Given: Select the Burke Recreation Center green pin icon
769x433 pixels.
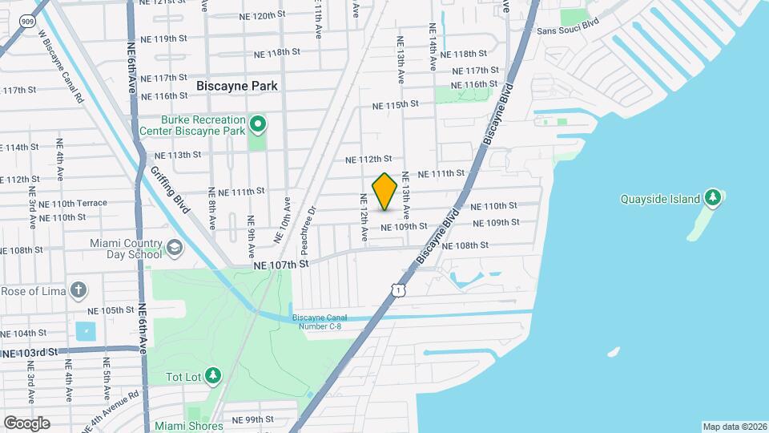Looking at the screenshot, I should pyautogui.click(x=258, y=124).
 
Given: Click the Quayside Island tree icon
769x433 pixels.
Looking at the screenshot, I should pyautogui.click(x=712, y=198).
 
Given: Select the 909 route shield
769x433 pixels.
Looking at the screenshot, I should pyautogui.click(x=28, y=22).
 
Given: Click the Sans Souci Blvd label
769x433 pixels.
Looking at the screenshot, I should pyautogui.click(x=568, y=30).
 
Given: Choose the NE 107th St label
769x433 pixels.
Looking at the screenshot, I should pyautogui.click(x=281, y=263).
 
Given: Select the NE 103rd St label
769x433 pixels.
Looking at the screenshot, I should pyautogui.click(x=30, y=352).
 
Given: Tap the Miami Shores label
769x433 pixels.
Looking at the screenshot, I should pyautogui.click(x=189, y=426).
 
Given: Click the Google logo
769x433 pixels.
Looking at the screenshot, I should pyautogui.click(x=26, y=423).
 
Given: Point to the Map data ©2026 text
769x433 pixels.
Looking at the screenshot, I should pyautogui.click(x=734, y=427).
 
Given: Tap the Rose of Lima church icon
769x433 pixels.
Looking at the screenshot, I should pyautogui.click(x=79, y=289).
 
